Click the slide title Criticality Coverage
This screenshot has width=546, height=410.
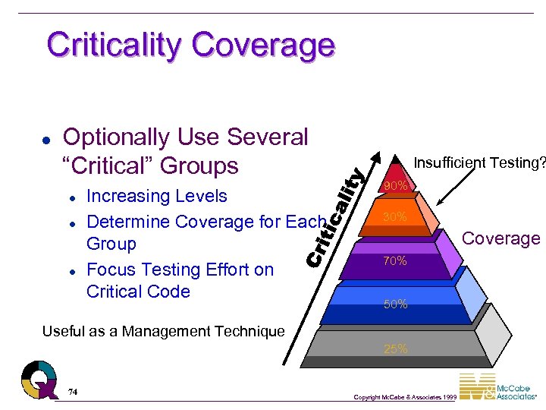coord(190,45)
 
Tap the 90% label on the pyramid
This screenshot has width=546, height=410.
coord(396,186)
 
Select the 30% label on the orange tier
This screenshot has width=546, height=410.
coord(395,218)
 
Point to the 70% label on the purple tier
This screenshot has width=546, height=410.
coord(395,261)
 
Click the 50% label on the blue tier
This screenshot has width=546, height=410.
coord(395,304)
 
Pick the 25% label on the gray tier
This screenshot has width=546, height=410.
coord(395,349)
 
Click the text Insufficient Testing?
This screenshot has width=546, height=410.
coord(479,162)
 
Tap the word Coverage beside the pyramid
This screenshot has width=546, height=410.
coord(501,238)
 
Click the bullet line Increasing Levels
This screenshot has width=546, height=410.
coord(157,196)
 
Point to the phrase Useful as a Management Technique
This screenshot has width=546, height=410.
coord(164,331)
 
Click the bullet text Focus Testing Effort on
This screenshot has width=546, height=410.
coord(180,270)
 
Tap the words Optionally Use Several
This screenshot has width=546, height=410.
coord(185,137)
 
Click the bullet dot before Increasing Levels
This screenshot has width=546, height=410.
coord(71,197)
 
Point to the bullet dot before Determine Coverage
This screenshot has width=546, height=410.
coord(71,222)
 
